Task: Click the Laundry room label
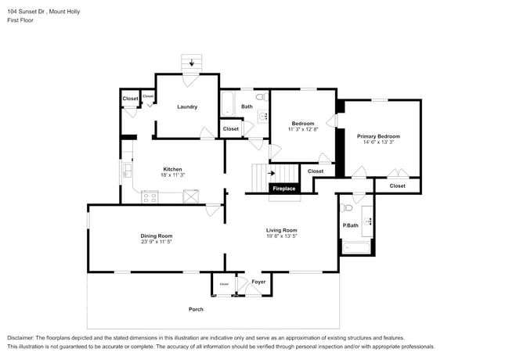(x=186, y=106)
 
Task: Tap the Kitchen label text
(x=172, y=169)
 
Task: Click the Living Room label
(x=281, y=230)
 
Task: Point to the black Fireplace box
(x=283, y=189)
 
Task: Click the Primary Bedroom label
(x=378, y=136)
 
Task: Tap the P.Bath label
(x=350, y=225)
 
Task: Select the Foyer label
(x=258, y=282)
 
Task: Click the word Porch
(x=196, y=309)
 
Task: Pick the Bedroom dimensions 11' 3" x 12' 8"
(x=302, y=129)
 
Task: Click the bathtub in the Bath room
(x=227, y=105)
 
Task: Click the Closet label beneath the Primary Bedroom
(x=397, y=185)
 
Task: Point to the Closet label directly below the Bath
(x=231, y=129)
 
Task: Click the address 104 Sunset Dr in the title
(x=28, y=12)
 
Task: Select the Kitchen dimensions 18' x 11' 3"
(x=172, y=175)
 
